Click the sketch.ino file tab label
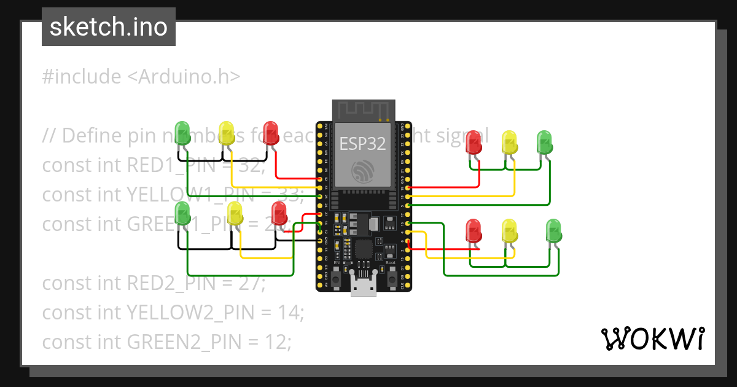108,27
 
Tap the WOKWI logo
652,338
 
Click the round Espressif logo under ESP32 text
363,170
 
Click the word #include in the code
82,77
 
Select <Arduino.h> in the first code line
184,77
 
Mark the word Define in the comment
92,135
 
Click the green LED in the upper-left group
182,131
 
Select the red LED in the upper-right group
474,142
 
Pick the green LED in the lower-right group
553,231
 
